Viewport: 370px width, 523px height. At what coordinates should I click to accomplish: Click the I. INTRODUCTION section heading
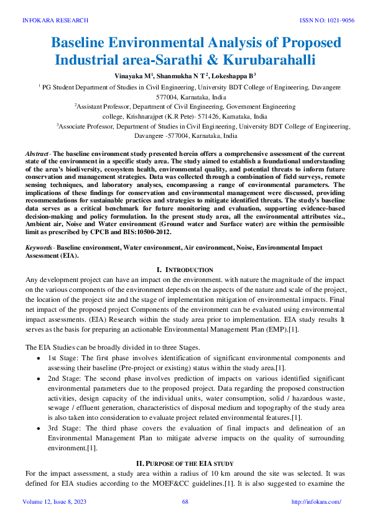coord(185,270)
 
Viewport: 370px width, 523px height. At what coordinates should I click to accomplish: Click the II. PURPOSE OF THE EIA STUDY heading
coord(185,463)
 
